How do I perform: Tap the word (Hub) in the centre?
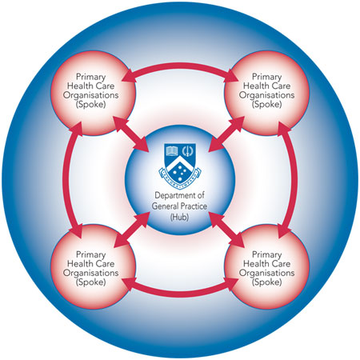click(x=179, y=217)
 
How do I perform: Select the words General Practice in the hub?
click(x=179, y=206)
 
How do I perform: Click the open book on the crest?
click(x=171, y=151)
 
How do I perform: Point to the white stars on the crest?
click(x=180, y=170)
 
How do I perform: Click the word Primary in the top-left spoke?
click(x=91, y=77)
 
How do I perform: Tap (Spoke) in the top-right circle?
click(x=266, y=104)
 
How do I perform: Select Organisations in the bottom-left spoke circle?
click(x=91, y=273)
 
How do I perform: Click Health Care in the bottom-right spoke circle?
click(x=266, y=263)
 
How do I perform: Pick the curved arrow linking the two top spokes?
click(x=180, y=66)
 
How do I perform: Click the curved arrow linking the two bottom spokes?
click(x=180, y=294)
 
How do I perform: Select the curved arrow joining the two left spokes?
click(x=66, y=180)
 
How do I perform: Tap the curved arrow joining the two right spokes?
click(x=294, y=180)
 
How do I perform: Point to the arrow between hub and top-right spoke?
click(x=226, y=134)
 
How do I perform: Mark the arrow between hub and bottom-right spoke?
click(x=226, y=229)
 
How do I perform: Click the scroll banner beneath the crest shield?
click(x=180, y=178)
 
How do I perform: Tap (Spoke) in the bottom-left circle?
click(x=91, y=282)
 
